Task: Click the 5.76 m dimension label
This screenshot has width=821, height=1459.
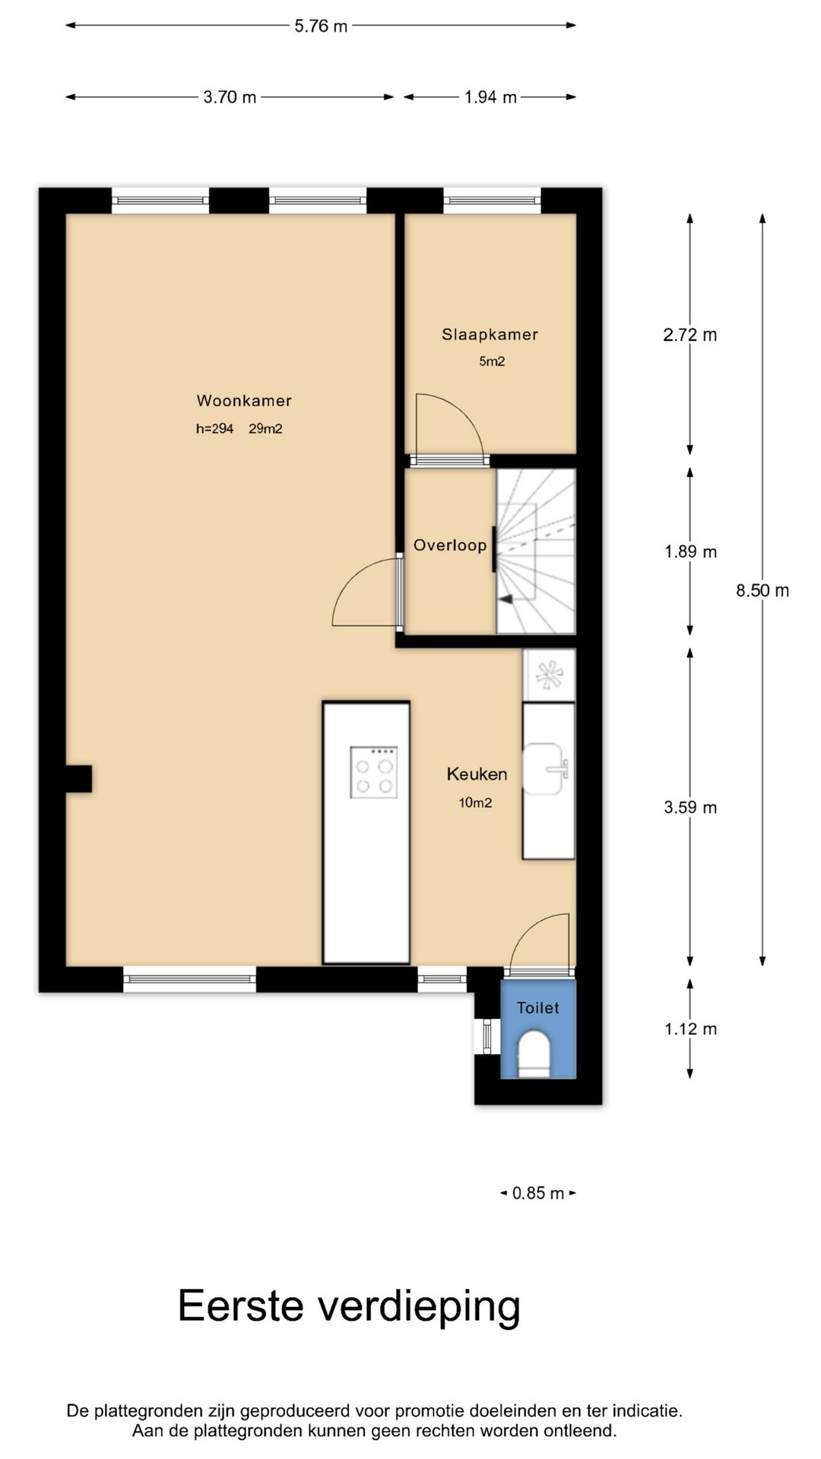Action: [x=321, y=26]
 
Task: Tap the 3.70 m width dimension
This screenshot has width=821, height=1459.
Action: [x=230, y=97]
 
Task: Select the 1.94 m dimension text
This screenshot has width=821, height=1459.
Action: [x=490, y=97]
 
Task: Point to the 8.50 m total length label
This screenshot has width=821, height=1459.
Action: [x=762, y=590]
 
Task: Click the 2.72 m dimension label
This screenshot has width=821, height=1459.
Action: [x=690, y=335]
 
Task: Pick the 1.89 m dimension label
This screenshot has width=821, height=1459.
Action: [x=690, y=552]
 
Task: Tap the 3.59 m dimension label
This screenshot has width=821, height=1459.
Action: [x=690, y=807]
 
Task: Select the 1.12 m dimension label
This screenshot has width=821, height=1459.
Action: [x=690, y=1029]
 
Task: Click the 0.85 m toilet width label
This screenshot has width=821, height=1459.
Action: [x=538, y=1193]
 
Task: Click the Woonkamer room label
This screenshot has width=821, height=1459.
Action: [x=244, y=400]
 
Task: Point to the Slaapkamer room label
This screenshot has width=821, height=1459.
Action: [x=490, y=334]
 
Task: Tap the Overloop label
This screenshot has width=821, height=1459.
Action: [x=450, y=545]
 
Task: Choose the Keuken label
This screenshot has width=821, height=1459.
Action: [x=477, y=774]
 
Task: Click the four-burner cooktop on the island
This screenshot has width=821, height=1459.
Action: [x=374, y=772]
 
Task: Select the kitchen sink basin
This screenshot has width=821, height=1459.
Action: [x=544, y=769]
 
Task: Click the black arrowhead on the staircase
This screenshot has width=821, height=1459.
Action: [x=505, y=600]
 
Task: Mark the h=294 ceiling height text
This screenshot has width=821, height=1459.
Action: [x=214, y=429]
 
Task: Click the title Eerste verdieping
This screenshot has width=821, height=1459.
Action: [x=349, y=1307]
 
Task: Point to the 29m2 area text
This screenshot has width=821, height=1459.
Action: [x=265, y=429]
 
